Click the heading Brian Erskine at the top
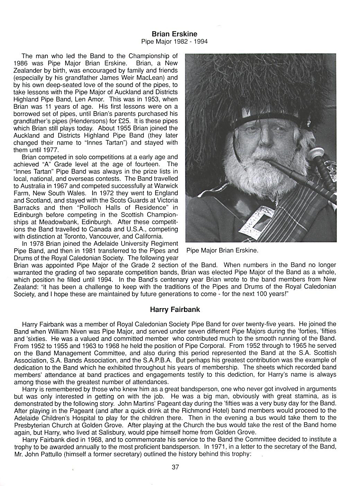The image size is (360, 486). (174, 34)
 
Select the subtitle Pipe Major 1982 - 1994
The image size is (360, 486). (174, 42)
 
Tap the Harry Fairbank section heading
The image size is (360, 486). (175, 309)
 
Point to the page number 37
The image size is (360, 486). (175, 467)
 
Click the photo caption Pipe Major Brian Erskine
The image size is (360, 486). (222, 250)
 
